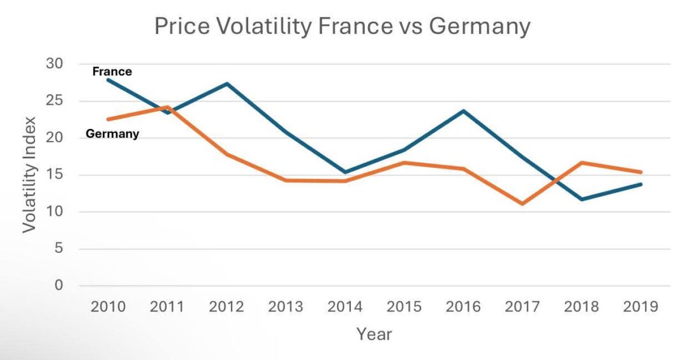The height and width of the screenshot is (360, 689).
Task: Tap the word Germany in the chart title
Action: (x=479, y=26)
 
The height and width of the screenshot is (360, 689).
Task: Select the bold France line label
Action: (x=112, y=71)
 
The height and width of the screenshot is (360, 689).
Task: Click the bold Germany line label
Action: (x=112, y=134)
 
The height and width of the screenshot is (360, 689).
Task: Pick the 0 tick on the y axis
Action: (x=59, y=285)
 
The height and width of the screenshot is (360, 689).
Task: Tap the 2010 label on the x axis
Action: (x=108, y=307)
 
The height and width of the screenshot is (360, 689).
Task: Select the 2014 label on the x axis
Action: (x=345, y=307)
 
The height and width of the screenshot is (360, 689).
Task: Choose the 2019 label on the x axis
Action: (x=641, y=307)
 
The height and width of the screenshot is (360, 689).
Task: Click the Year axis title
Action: (x=374, y=334)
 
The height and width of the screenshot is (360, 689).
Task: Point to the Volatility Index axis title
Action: (x=30, y=174)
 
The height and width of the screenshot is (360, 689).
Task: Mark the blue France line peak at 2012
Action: (x=227, y=84)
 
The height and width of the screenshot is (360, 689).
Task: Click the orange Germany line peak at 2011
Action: (x=167, y=107)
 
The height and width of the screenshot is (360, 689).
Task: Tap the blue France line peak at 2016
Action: (x=464, y=111)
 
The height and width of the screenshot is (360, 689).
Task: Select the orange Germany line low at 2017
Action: (x=522, y=204)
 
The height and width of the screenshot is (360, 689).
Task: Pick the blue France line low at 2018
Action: (x=581, y=199)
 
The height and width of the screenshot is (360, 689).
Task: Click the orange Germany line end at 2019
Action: (x=641, y=172)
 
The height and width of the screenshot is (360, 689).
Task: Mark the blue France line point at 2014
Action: (x=345, y=172)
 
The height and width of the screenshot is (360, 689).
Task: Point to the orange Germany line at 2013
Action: (x=286, y=180)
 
